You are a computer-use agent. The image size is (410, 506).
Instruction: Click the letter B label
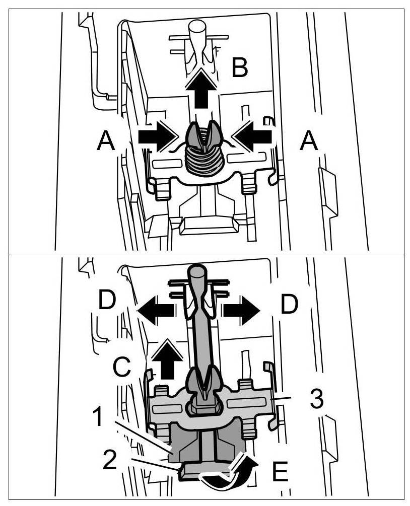click(240, 68)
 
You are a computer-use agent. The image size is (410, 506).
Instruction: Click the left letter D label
click(108, 302)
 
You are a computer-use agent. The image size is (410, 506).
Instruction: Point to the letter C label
click(122, 368)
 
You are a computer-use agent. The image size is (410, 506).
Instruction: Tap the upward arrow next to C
click(165, 358)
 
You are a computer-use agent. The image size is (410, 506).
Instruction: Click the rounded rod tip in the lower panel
click(195, 272)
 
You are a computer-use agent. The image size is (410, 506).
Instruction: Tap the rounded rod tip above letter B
click(196, 28)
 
